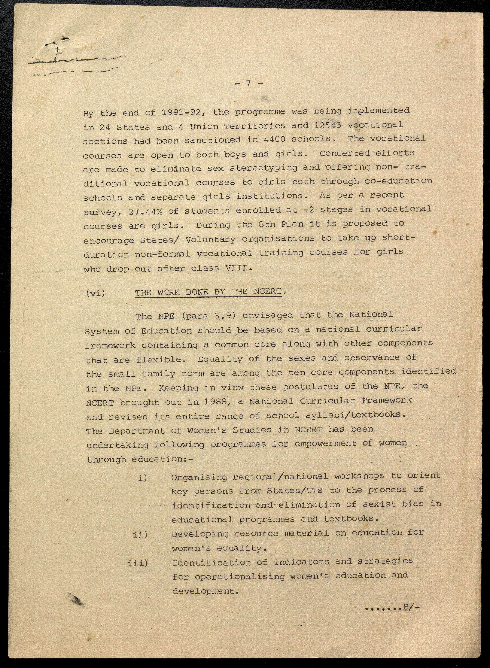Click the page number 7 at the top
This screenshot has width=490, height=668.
(x=248, y=83)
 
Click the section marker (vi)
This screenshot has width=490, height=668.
(x=95, y=293)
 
